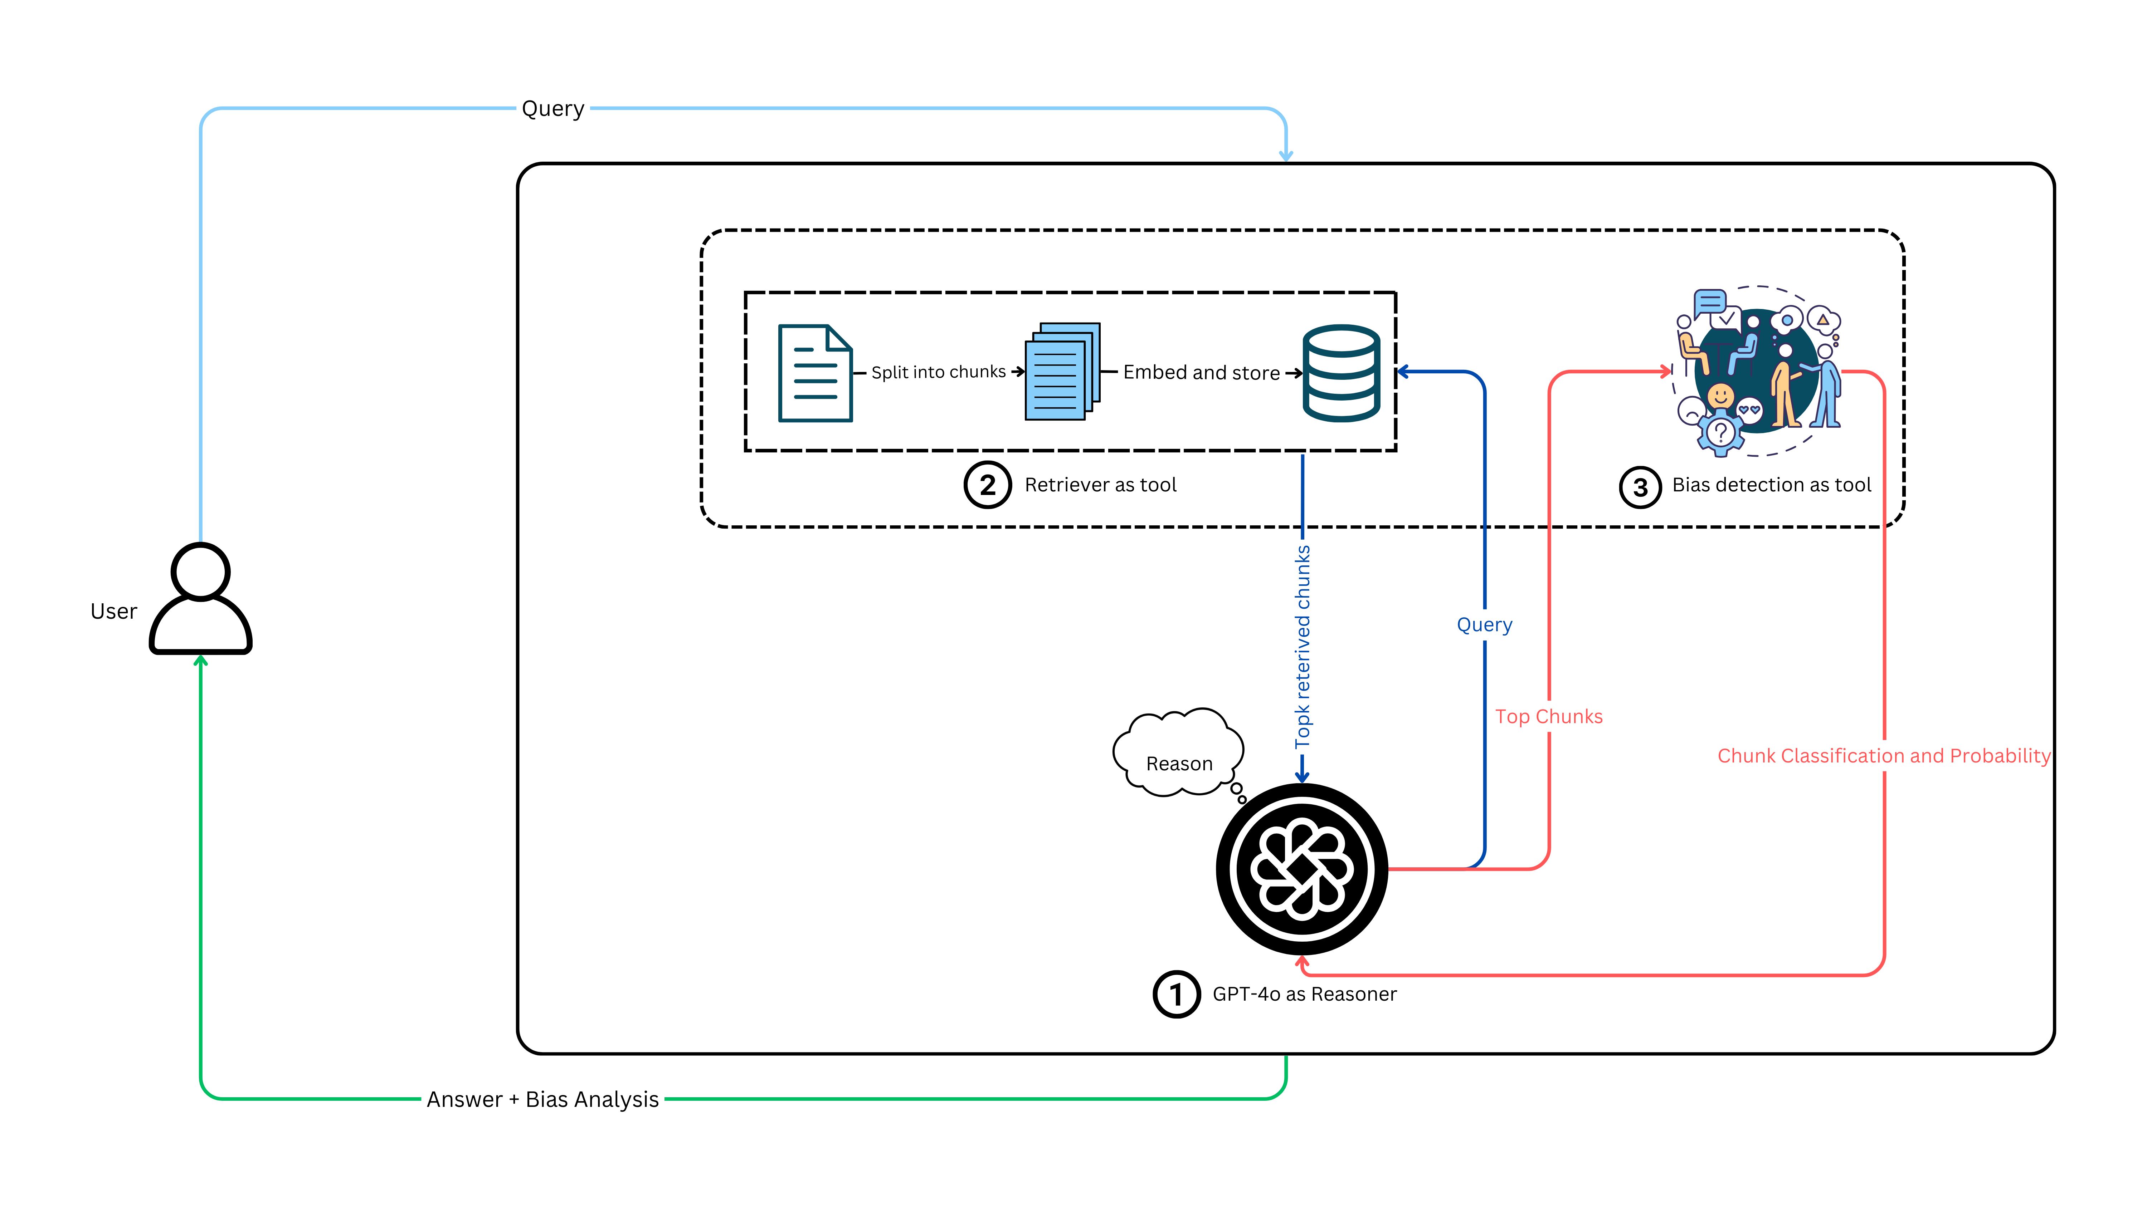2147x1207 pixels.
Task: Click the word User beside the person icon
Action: (113, 612)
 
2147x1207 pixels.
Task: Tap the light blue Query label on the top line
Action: (552, 109)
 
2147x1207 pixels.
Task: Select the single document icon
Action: (815, 373)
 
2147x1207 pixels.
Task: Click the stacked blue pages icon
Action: (1062, 372)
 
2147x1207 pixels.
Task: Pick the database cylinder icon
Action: (1341, 373)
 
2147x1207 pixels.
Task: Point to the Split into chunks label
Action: (939, 372)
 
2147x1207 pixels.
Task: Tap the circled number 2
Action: (988, 485)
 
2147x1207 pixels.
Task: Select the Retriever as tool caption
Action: (1100, 485)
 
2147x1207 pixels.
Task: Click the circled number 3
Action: (1640, 487)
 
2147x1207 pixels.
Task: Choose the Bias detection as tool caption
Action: (1771, 485)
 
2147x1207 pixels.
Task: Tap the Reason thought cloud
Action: (1178, 752)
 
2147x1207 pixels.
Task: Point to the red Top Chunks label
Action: (1549, 716)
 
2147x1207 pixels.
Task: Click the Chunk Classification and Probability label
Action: (1884, 756)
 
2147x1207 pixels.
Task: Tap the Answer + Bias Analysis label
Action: (542, 1100)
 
